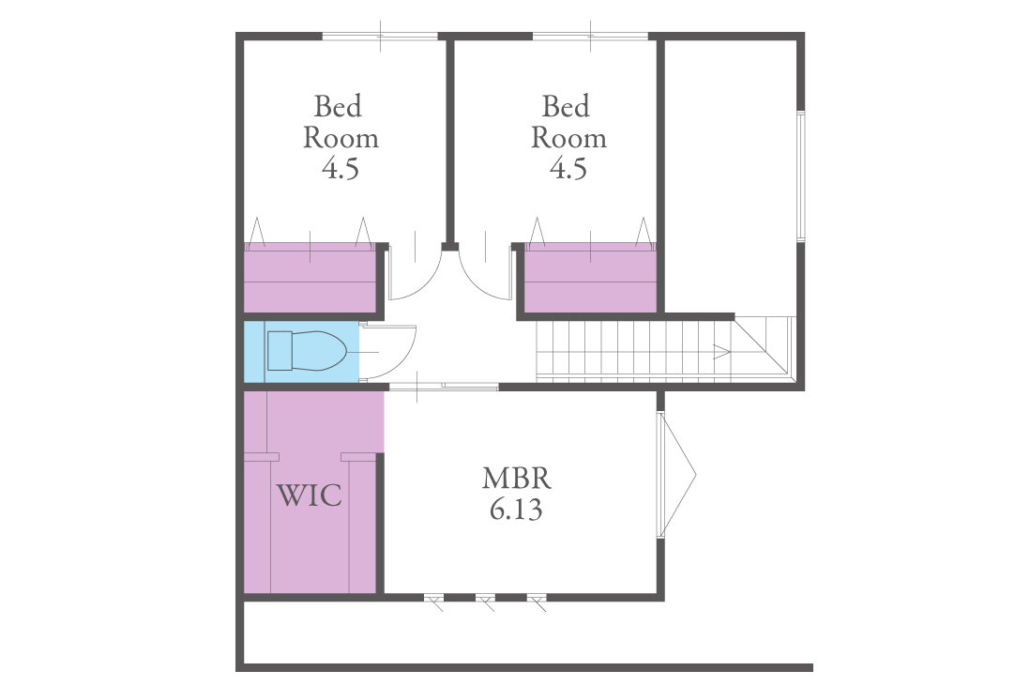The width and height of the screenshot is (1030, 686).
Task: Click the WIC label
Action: [x=309, y=495]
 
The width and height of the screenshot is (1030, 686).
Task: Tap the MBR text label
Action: [x=516, y=479]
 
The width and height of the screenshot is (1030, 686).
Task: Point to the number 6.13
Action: [x=516, y=510]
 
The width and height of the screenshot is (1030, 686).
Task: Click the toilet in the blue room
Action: [x=307, y=351]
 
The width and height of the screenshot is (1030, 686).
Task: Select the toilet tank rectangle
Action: [x=280, y=351]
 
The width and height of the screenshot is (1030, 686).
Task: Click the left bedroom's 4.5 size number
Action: [x=341, y=169]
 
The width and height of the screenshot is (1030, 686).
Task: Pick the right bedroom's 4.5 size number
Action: [x=568, y=169]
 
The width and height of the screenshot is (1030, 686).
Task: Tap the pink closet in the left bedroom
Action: [x=311, y=277]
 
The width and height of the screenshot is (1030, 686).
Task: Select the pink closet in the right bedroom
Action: [x=590, y=277]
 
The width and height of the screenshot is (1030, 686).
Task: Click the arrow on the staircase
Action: [x=722, y=352]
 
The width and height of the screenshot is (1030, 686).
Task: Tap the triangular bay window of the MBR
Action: [x=676, y=475]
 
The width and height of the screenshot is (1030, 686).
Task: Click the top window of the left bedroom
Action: [x=380, y=37]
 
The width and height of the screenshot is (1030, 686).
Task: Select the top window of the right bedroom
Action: [x=590, y=37]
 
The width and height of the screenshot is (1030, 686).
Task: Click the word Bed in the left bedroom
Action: [x=338, y=106]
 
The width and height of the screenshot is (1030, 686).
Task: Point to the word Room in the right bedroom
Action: [x=568, y=138]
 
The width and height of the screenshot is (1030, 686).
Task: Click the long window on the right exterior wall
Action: [x=801, y=176]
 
